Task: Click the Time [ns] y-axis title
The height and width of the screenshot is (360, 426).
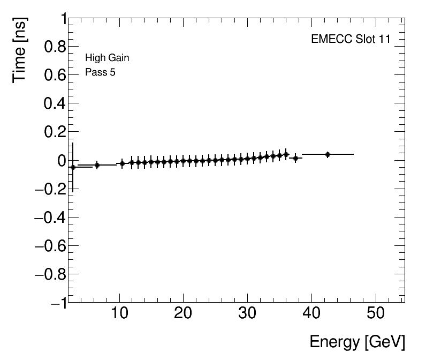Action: (20, 49)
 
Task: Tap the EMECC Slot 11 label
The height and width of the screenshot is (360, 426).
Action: (351, 40)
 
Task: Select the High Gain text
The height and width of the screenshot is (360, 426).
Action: (107, 58)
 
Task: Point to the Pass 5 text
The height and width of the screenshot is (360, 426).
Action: (100, 72)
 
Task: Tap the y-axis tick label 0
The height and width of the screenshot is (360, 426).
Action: (60, 160)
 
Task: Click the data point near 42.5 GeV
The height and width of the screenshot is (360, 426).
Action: (328, 154)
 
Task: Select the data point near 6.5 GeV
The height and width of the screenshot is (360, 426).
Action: (97, 165)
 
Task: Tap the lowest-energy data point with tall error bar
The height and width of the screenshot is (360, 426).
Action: (73, 167)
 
